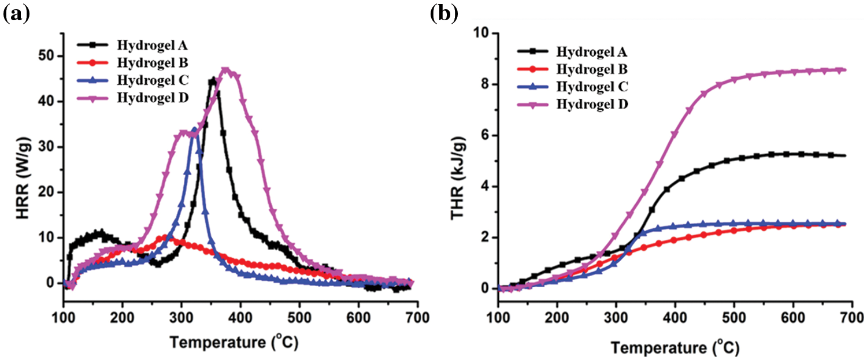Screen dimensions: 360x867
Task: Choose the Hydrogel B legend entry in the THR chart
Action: tap(591, 70)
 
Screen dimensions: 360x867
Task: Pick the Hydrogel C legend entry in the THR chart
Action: tap(591, 87)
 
